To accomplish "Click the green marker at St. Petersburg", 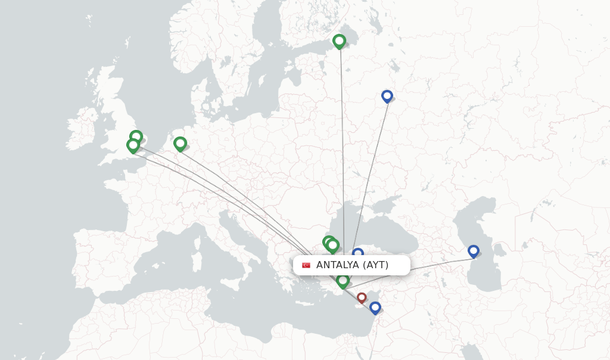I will tap(339, 41).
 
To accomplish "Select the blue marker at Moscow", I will tap(387, 95).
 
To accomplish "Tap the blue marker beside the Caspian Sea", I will tap(473, 251).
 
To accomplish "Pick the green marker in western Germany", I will tap(180, 143).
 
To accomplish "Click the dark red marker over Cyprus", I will tap(362, 297).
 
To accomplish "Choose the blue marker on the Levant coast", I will tap(375, 307).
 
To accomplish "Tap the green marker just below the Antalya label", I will tap(343, 281).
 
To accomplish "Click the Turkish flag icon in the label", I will tap(306, 265).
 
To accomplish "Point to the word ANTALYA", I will tap(337, 265).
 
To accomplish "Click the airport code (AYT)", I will tap(375, 265).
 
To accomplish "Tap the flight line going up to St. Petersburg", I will tap(342, 149).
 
